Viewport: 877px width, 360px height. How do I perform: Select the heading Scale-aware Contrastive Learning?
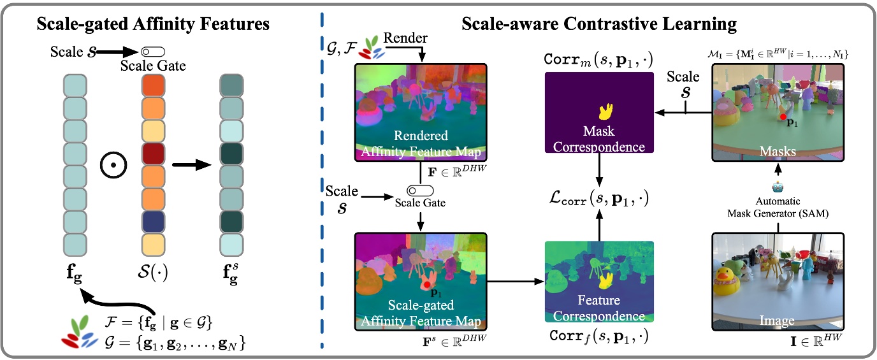[x=598, y=24]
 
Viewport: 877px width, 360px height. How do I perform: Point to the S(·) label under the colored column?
[x=154, y=276]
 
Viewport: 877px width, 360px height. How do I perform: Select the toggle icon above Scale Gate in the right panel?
[x=420, y=191]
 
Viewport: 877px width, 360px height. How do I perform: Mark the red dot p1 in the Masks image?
[x=782, y=117]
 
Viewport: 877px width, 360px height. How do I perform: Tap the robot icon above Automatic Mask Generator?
[x=778, y=187]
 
